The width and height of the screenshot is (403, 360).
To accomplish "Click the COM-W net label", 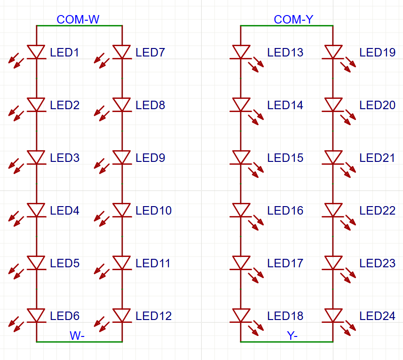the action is (x=78, y=20).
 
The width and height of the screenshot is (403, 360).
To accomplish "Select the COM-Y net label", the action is (x=293, y=20).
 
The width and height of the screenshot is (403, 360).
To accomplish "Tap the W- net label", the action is (x=77, y=336).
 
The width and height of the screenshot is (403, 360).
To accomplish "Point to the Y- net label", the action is (x=292, y=336).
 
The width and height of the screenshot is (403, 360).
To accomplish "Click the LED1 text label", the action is (x=64, y=52).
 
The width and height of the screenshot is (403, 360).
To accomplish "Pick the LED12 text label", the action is (x=153, y=316).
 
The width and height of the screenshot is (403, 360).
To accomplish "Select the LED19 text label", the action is (x=377, y=52).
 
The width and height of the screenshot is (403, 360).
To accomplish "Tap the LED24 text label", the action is (x=377, y=316).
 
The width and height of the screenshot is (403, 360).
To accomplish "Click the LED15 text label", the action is (x=285, y=158).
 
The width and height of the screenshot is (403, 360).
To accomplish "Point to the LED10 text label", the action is (x=153, y=211).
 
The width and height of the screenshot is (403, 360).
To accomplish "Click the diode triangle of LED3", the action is (x=36, y=157).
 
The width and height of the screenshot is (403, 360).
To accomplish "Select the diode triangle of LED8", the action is (x=122, y=104).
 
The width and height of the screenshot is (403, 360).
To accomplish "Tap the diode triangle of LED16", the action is (x=241, y=209).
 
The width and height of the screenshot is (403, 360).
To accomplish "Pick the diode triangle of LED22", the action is (x=333, y=209).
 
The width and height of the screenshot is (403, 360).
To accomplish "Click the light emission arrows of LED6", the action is (x=16, y=324).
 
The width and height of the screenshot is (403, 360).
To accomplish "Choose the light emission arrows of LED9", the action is (x=102, y=166).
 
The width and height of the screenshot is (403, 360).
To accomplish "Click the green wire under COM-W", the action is (x=79, y=26).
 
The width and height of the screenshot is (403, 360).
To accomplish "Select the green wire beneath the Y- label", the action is (x=287, y=342).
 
